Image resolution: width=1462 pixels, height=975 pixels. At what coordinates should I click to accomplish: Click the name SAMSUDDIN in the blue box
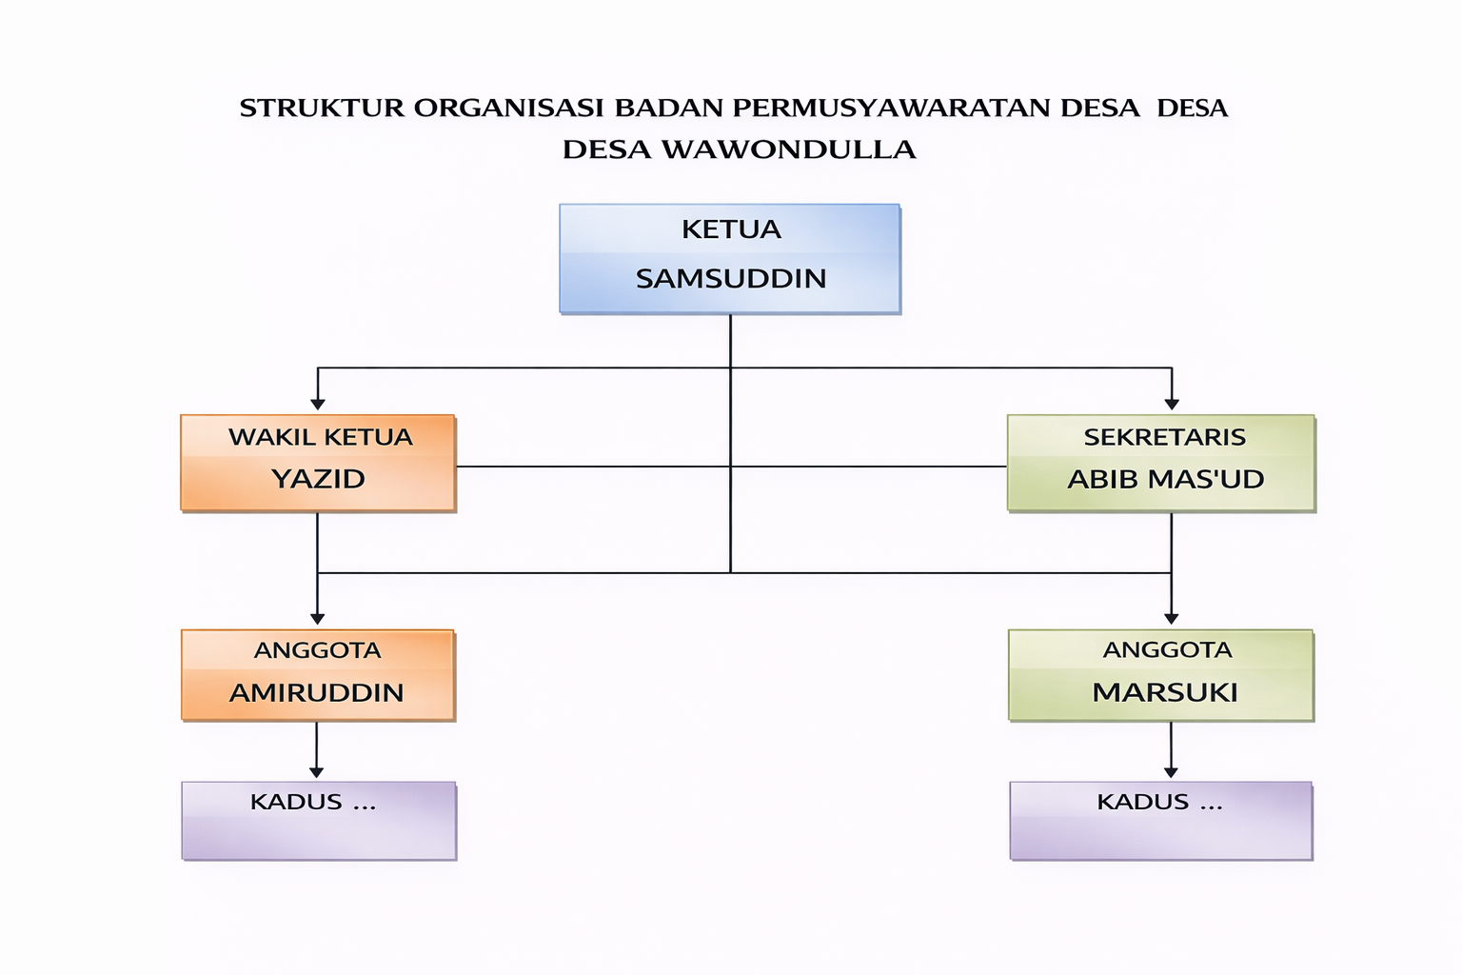(730, 279)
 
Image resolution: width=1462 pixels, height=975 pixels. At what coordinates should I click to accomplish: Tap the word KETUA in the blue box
(731, 229)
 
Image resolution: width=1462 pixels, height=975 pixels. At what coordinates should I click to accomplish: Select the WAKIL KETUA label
(320, 437)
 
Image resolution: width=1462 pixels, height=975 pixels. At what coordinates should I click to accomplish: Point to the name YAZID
(318, 479)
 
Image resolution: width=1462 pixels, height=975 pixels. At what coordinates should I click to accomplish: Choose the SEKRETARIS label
(1164, 437)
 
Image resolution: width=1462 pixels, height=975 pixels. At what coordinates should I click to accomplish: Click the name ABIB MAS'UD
(1165, 479)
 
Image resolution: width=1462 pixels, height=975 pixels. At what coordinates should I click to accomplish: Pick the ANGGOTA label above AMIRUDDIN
(317, 650)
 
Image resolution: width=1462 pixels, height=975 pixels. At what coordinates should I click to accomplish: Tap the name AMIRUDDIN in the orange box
(317, 692)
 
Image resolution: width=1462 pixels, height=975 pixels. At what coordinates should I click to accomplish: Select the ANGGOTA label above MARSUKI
(1167, 650)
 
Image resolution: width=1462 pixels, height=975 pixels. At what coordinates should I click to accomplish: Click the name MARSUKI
(1165, 692)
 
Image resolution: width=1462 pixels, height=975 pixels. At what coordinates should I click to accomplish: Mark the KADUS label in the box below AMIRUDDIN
(296, 802)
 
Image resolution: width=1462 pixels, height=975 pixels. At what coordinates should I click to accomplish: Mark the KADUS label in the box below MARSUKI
(1143, 802)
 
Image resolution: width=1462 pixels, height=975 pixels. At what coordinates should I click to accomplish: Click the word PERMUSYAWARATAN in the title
(891, 108)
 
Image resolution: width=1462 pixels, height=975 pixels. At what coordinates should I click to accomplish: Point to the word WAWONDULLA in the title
(788, 149)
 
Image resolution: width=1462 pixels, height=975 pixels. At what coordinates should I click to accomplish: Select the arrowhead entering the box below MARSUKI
(1171, 772)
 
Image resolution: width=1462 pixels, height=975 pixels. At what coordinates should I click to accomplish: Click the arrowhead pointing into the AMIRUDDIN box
(318, 619)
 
